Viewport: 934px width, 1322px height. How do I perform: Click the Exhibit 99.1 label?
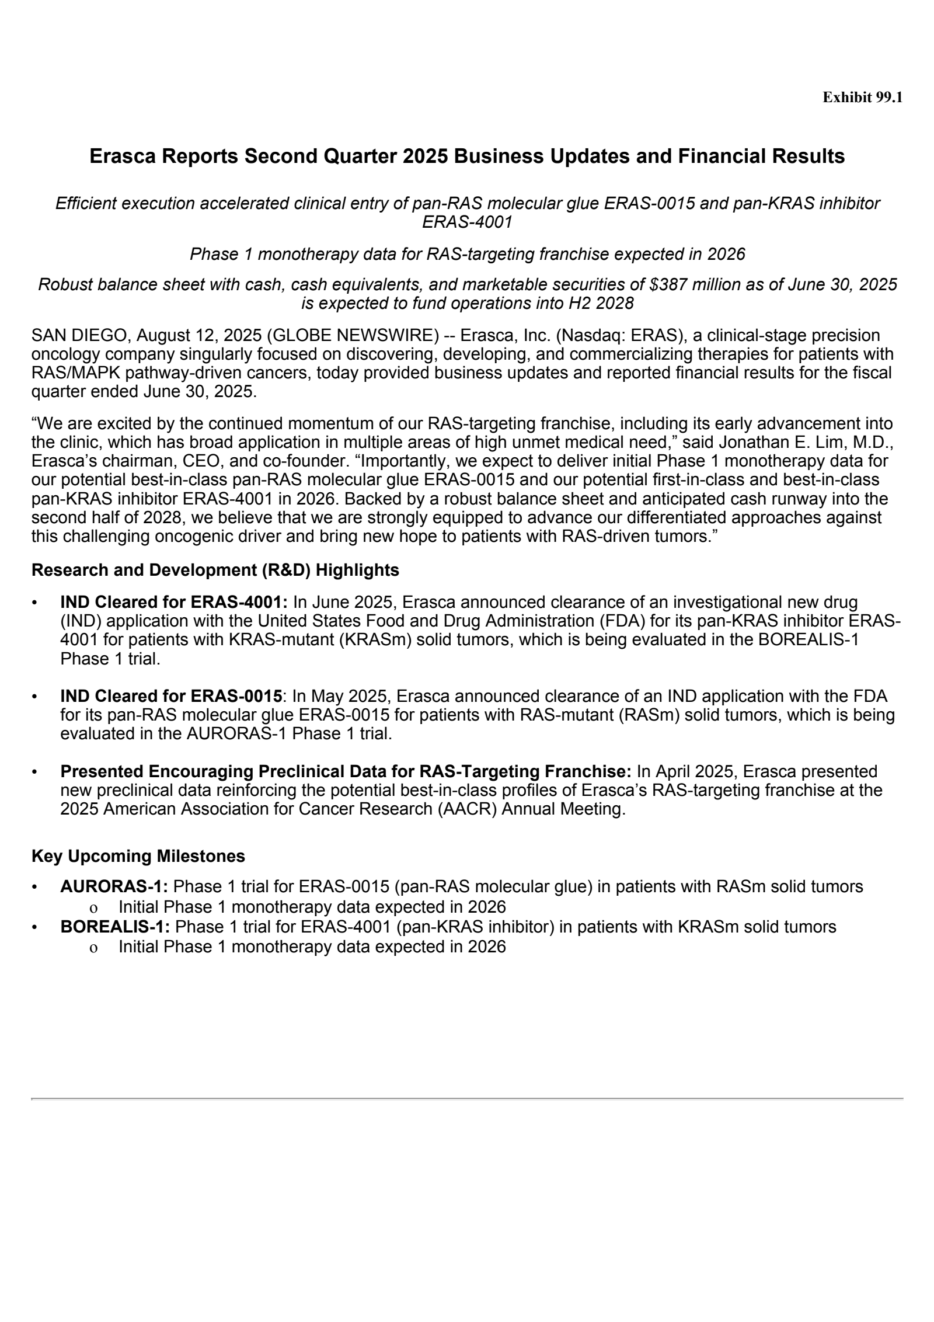coord(862,98)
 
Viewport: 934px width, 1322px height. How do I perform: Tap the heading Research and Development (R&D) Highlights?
coord(215,570)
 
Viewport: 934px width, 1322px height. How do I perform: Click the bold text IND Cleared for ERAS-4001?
coord(174,602)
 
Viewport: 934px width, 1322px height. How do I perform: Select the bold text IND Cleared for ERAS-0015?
coord(171,696)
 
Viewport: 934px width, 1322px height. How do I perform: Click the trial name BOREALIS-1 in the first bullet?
coord(808,640)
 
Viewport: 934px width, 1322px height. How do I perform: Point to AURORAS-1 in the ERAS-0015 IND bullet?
coord(236,733)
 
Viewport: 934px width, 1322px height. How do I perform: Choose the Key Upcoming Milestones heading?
coord(138,856)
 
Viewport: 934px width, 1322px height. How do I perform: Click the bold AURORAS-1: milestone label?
coord(114,887)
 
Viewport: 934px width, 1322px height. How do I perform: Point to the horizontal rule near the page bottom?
coord(467,1099)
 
